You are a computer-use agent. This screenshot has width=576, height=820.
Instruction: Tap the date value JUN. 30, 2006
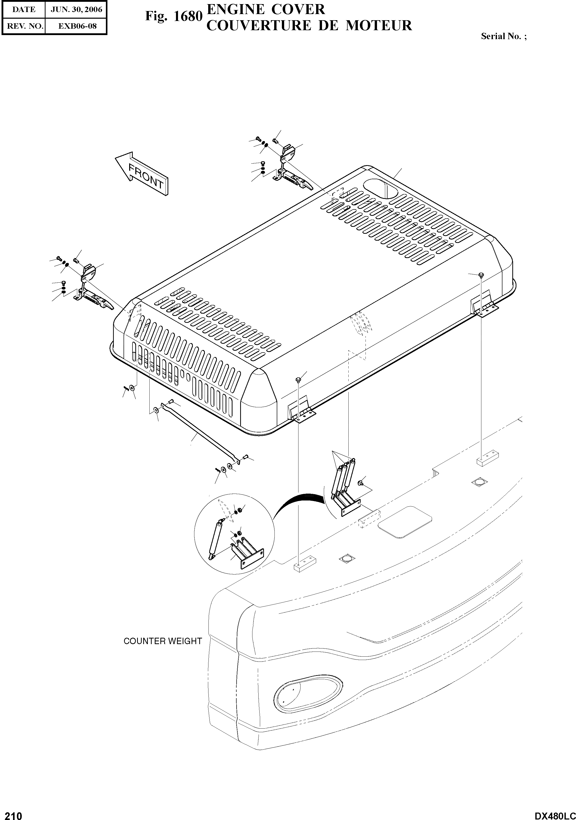pyautogui.click(x=76, y=10)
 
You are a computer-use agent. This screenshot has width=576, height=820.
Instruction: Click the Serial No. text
pyautogui.click(x=503, y=36)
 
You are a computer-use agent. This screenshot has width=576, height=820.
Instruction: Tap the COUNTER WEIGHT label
pyautogui.click(x=163, y=641)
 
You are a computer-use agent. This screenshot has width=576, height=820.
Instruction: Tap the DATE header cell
pyautogui.click(x=24, y=10)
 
